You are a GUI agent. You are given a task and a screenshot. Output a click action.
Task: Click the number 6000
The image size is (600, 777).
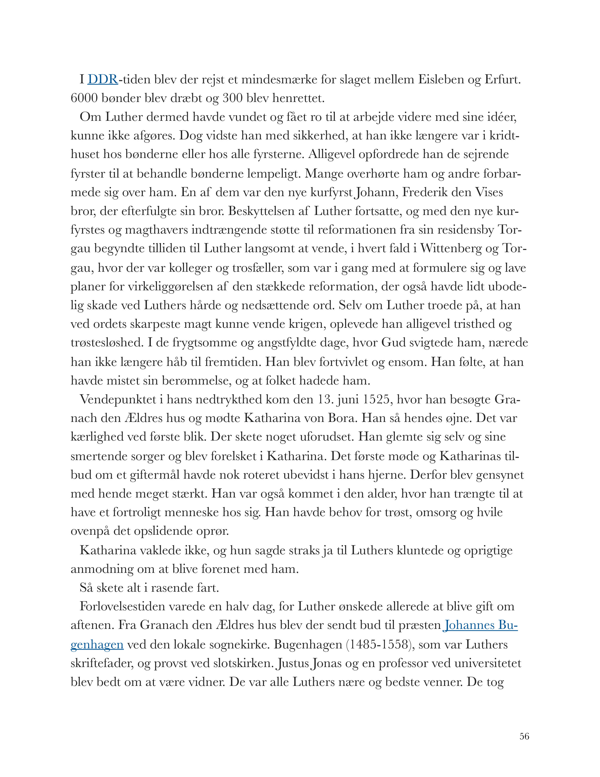(84, 98)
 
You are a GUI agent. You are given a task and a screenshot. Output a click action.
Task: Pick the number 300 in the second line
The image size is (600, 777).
(232, 98)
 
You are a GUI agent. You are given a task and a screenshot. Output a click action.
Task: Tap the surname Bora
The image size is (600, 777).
(341, 418)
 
